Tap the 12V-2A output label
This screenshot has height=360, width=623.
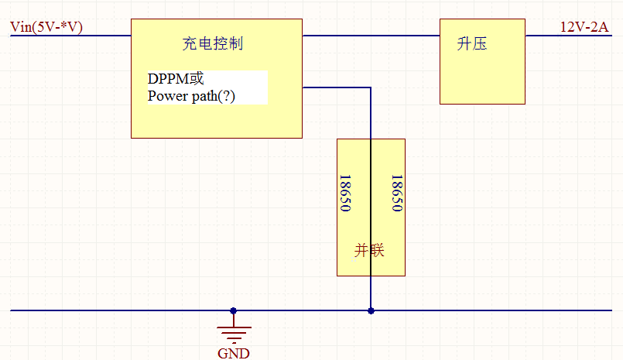click(x=584, y=28)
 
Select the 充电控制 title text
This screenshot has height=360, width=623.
click(x=213, y=43)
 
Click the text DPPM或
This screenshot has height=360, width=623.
click(x=176, y=79)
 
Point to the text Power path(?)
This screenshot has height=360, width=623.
click(x=191, y=97)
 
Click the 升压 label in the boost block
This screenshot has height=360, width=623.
click(x=471, y=43)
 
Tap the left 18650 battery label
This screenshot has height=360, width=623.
click(x=345, y=194)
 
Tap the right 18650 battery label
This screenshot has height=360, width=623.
click(x=396, y=194)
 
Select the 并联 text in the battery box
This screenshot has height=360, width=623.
click(x=370, y=251)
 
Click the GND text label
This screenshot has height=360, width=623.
click(x=234, y=354)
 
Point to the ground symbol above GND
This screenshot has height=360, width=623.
click(x=234, y=331)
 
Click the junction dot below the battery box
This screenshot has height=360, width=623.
click(x=371, y=311)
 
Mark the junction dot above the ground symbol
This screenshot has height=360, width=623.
click(x=234, y=311)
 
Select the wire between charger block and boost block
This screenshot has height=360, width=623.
click(x=371, y=36)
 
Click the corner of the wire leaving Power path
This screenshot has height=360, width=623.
click(x=371, y=87)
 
